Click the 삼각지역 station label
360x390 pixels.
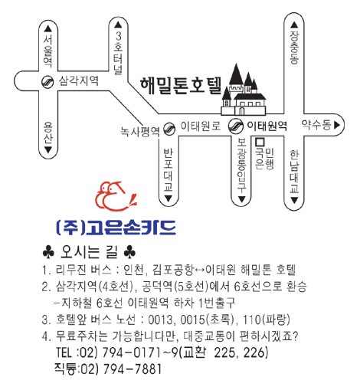tap(78, 81)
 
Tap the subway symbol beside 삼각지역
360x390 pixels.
tap(47, 82)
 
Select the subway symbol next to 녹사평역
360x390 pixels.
tap(169, 129)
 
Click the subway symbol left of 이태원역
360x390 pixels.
tap(235, 126)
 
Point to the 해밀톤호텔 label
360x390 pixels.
tap(181, 86)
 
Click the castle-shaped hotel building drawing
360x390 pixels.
tap(244, 90)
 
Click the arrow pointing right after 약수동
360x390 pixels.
tap(337, 125)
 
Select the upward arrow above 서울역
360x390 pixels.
tap(48, 28)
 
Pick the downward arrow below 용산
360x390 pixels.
tap(48, 149)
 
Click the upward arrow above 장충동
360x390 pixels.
tap(294, 25)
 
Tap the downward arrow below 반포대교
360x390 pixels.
tap(168, 198)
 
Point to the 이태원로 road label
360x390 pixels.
tap(201, 126)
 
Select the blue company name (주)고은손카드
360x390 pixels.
tap(116, 228)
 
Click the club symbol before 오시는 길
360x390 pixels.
tap(48, 251)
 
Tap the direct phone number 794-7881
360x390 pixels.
tap(133, 369)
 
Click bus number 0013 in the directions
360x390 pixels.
tap(160, 320)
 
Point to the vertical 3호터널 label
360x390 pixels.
tap(118, 53)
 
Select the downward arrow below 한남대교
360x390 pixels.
tap(294, 201)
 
